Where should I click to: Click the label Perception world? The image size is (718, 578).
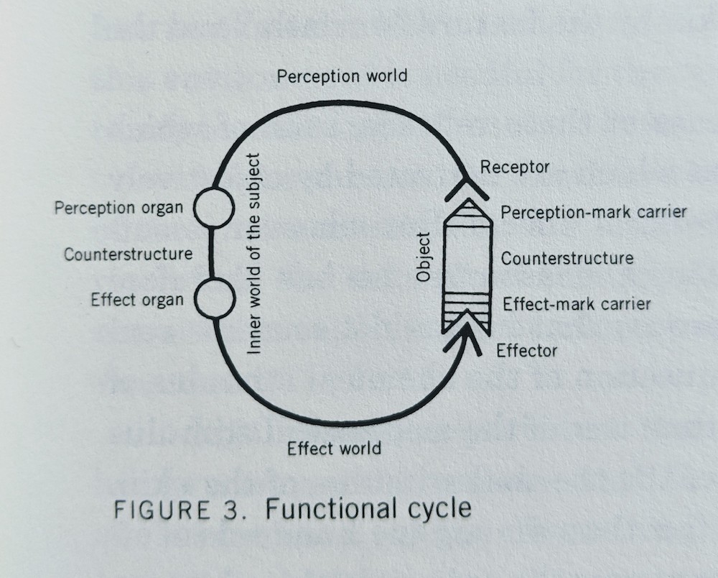tap(342, 75)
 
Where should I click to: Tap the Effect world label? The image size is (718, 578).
tap(334, 449)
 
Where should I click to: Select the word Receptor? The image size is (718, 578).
tap(514, 168)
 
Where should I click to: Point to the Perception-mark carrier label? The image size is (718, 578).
tap(594, 212)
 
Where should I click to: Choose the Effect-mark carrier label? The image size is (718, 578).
tap(577, 303)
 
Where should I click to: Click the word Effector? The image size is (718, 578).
tap(526, 350)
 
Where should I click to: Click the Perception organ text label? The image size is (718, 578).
tap(118, 208)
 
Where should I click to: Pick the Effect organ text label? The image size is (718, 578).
tap(137, 300)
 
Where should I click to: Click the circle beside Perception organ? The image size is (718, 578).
tap(212, 206)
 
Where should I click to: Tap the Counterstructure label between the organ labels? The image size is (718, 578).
tap(128, 254)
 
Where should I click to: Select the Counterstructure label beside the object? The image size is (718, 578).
tap(567, 258)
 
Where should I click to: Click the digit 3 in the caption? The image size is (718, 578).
tap(230, 510)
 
